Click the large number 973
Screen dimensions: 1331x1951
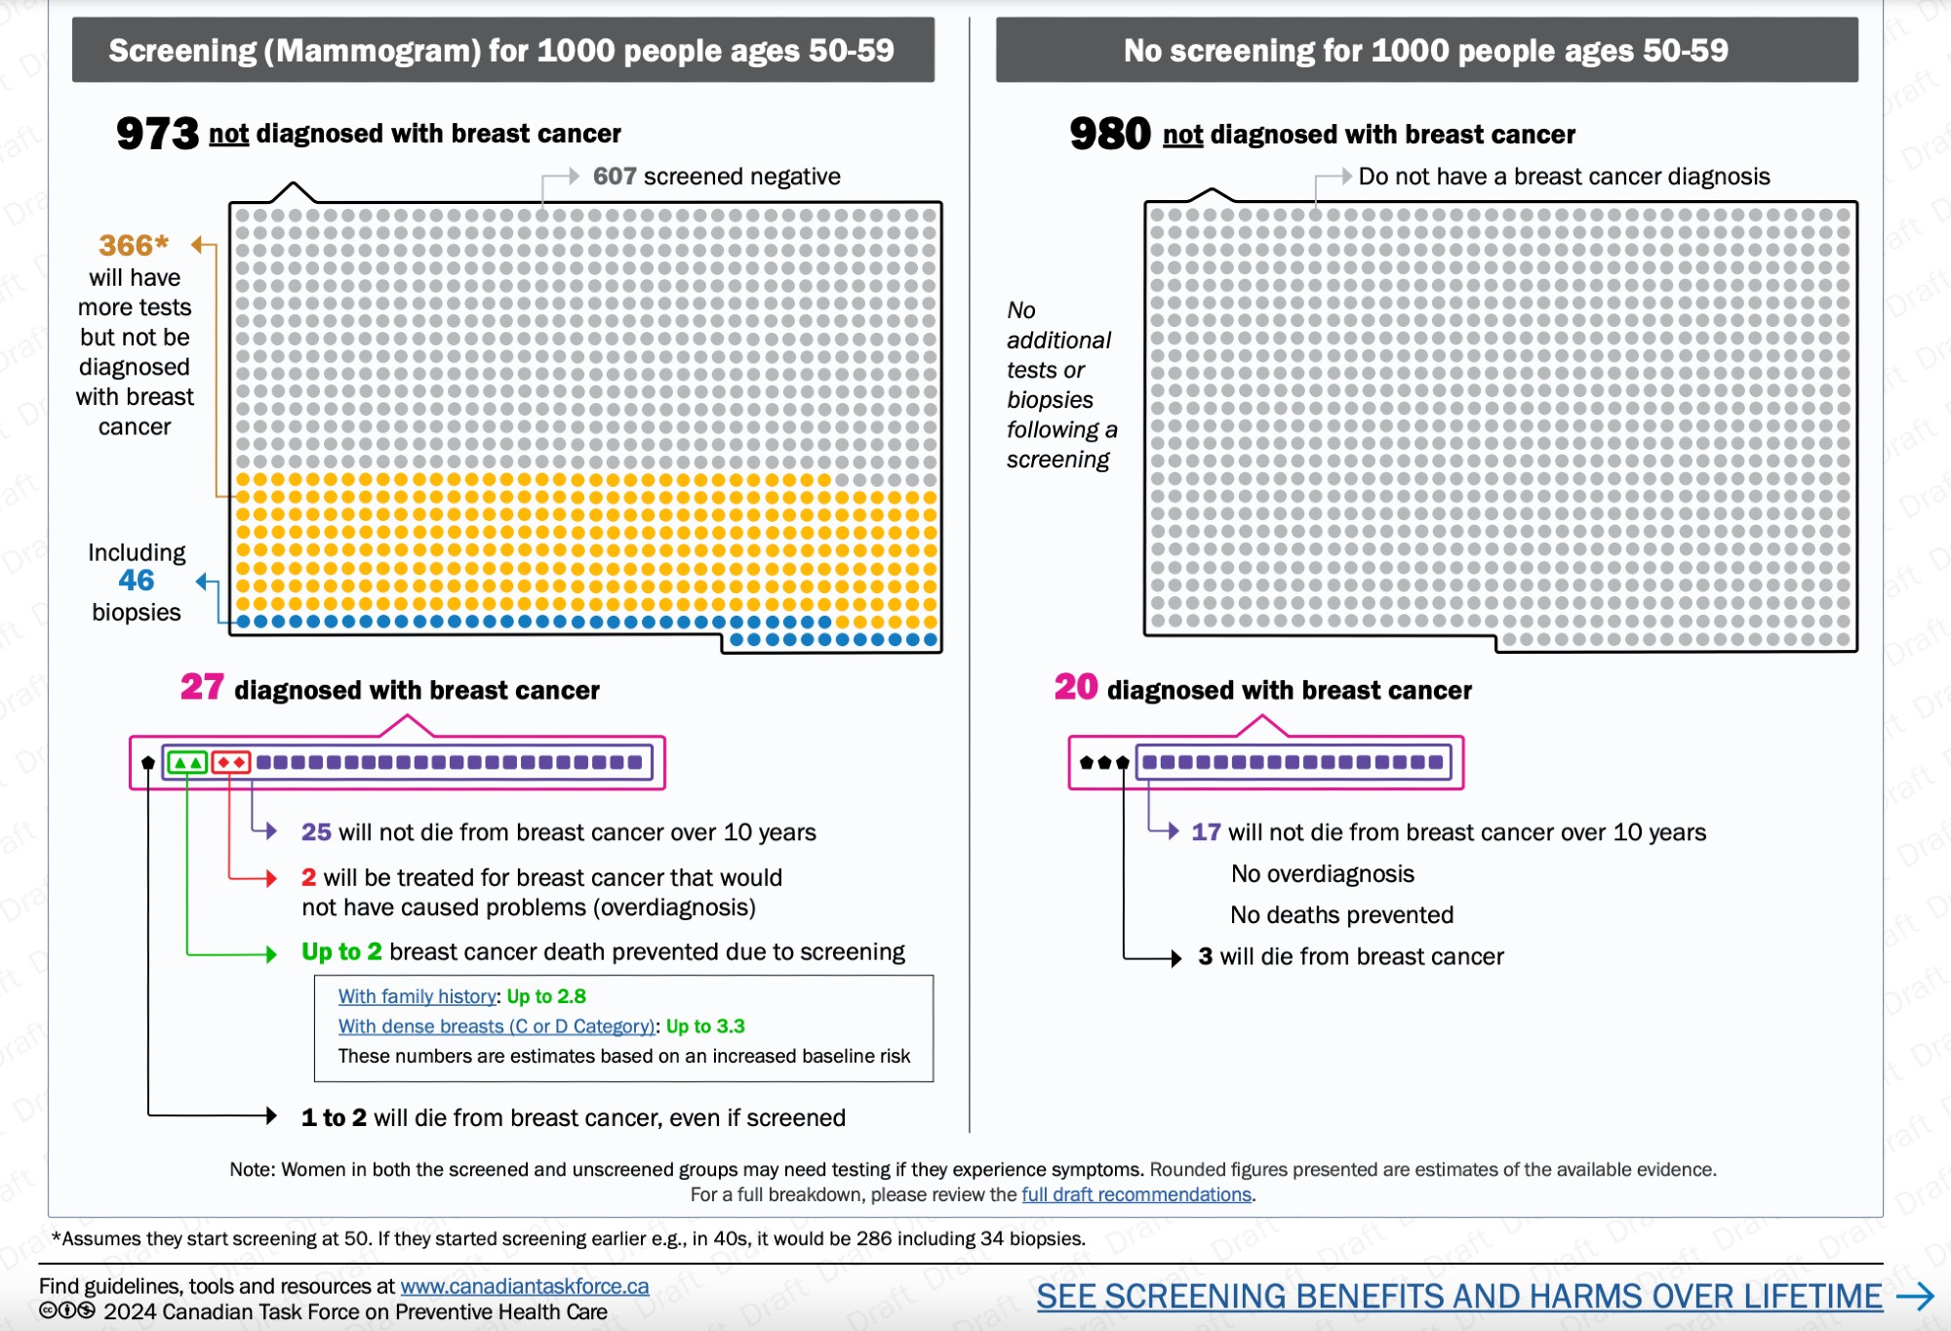[157, 134]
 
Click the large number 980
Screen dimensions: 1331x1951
[1110, 134]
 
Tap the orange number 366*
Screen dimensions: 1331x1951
[134, 245]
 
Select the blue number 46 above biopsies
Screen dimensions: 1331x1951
[137, 581]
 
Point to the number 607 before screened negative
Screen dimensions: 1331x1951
[615, 177]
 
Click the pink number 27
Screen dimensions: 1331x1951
[202, 688]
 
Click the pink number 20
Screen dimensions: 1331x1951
[1076, 688]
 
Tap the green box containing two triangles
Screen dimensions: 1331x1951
[187, 762]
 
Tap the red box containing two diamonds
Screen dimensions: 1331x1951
[231, 762]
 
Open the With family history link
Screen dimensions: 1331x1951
[418, 996]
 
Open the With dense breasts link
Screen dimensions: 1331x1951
[497, 1027]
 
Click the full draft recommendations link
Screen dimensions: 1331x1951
[1136, 1195]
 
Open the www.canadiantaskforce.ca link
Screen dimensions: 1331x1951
[525, 1287]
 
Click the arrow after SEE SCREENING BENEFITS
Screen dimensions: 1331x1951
[1916, 1297]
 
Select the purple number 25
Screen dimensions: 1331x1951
[316, 832]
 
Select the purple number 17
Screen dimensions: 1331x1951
[1206, 832]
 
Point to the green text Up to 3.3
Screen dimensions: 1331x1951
[705, 1027]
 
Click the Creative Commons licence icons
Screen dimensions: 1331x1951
[67, 1311]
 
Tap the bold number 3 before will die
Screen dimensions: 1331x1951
[1206, 957]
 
